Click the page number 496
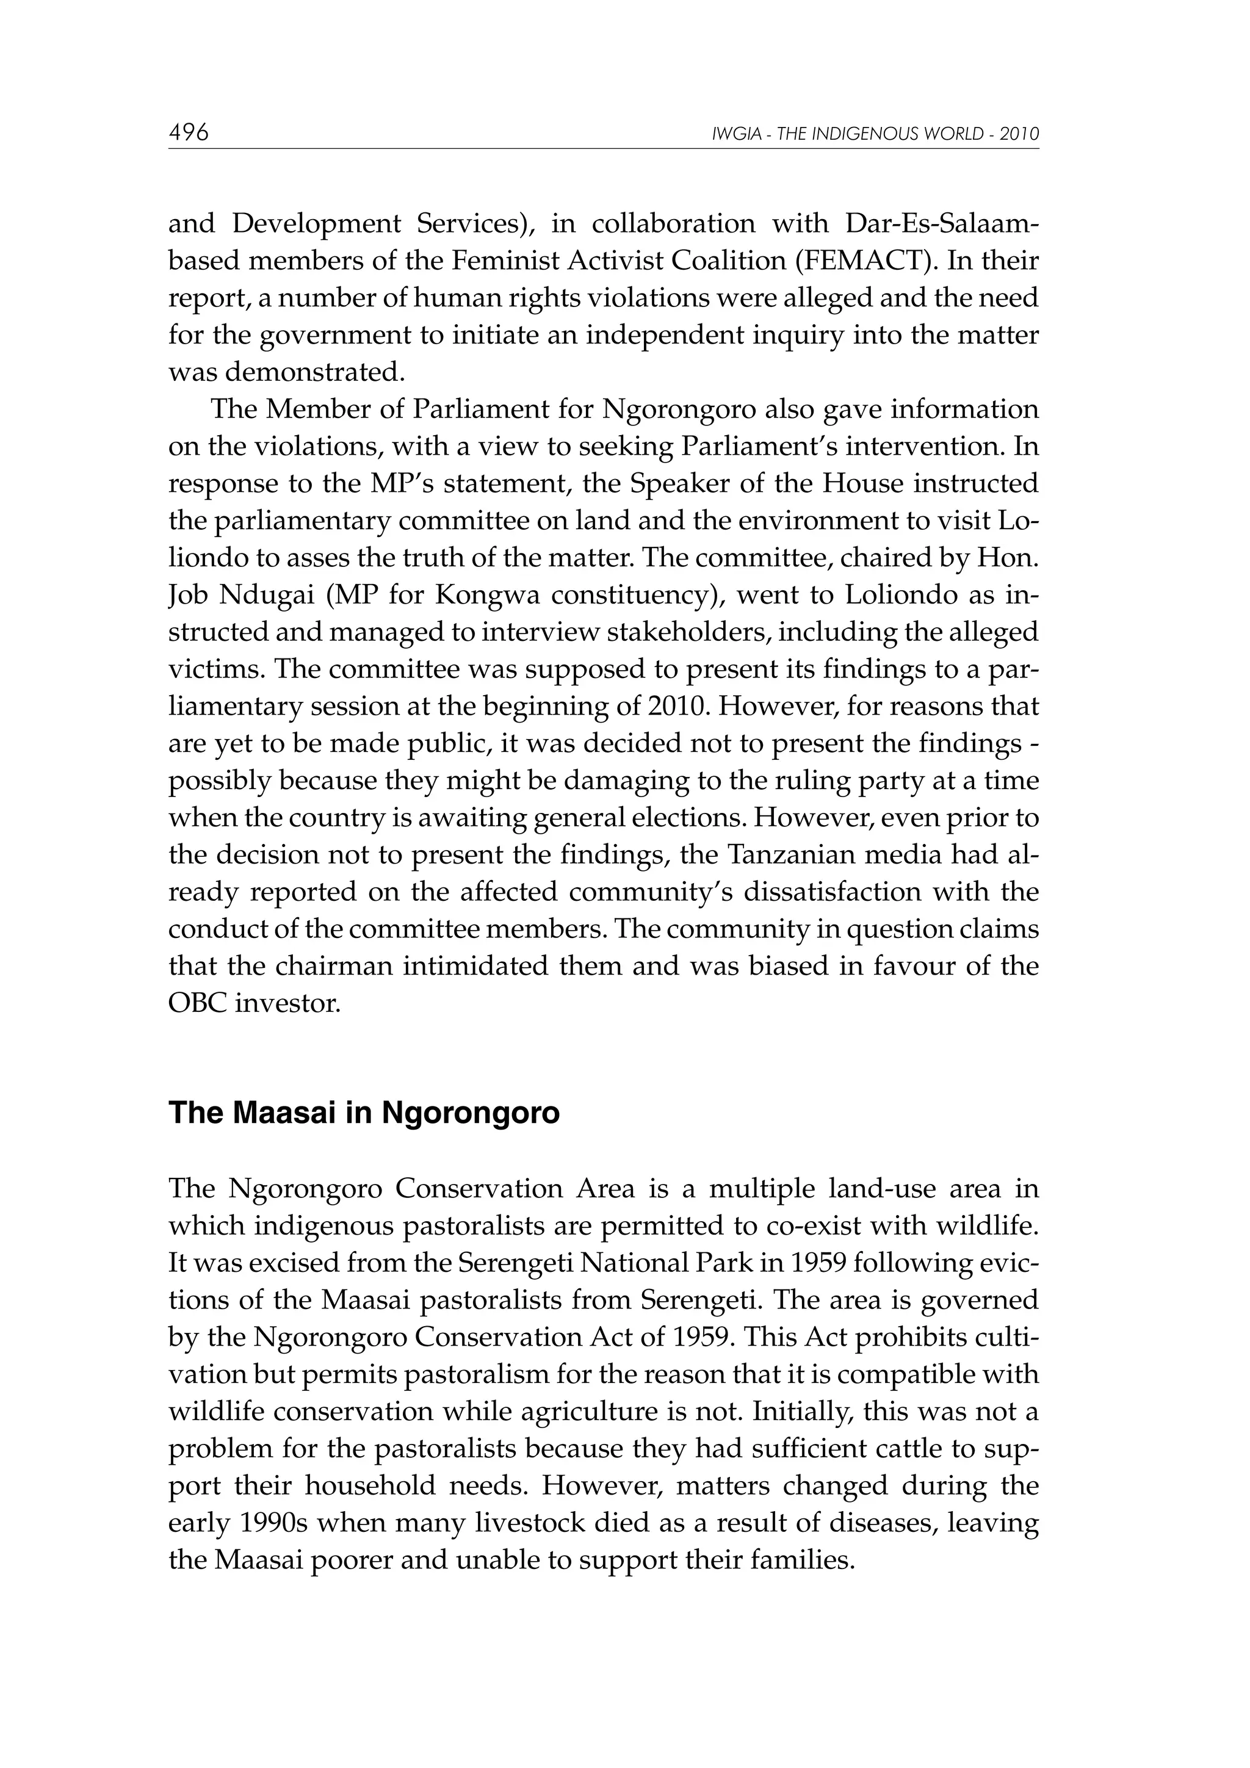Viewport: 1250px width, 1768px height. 189,133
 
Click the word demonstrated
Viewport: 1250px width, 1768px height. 314,373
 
